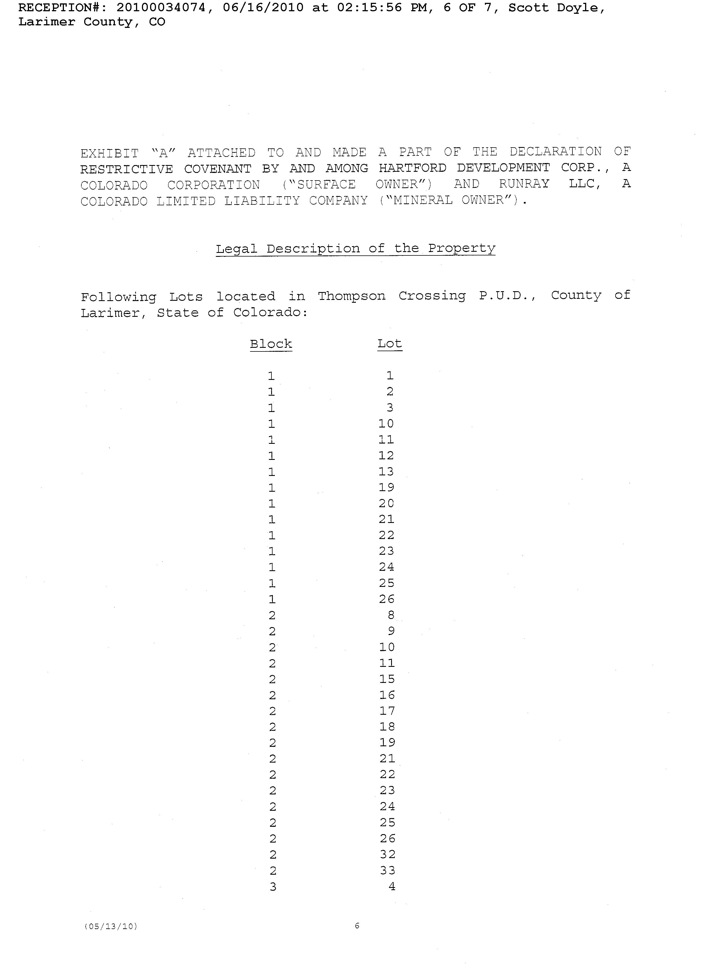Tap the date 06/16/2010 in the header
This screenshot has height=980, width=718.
click(263, 8)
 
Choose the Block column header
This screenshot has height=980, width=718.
click(271, 344)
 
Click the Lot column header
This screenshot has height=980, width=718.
click(389, 344)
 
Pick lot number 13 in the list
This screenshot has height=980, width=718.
click(386, 471)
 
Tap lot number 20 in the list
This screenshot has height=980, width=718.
click(386, 503)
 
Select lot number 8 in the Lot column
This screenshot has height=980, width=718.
click(391, 615)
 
